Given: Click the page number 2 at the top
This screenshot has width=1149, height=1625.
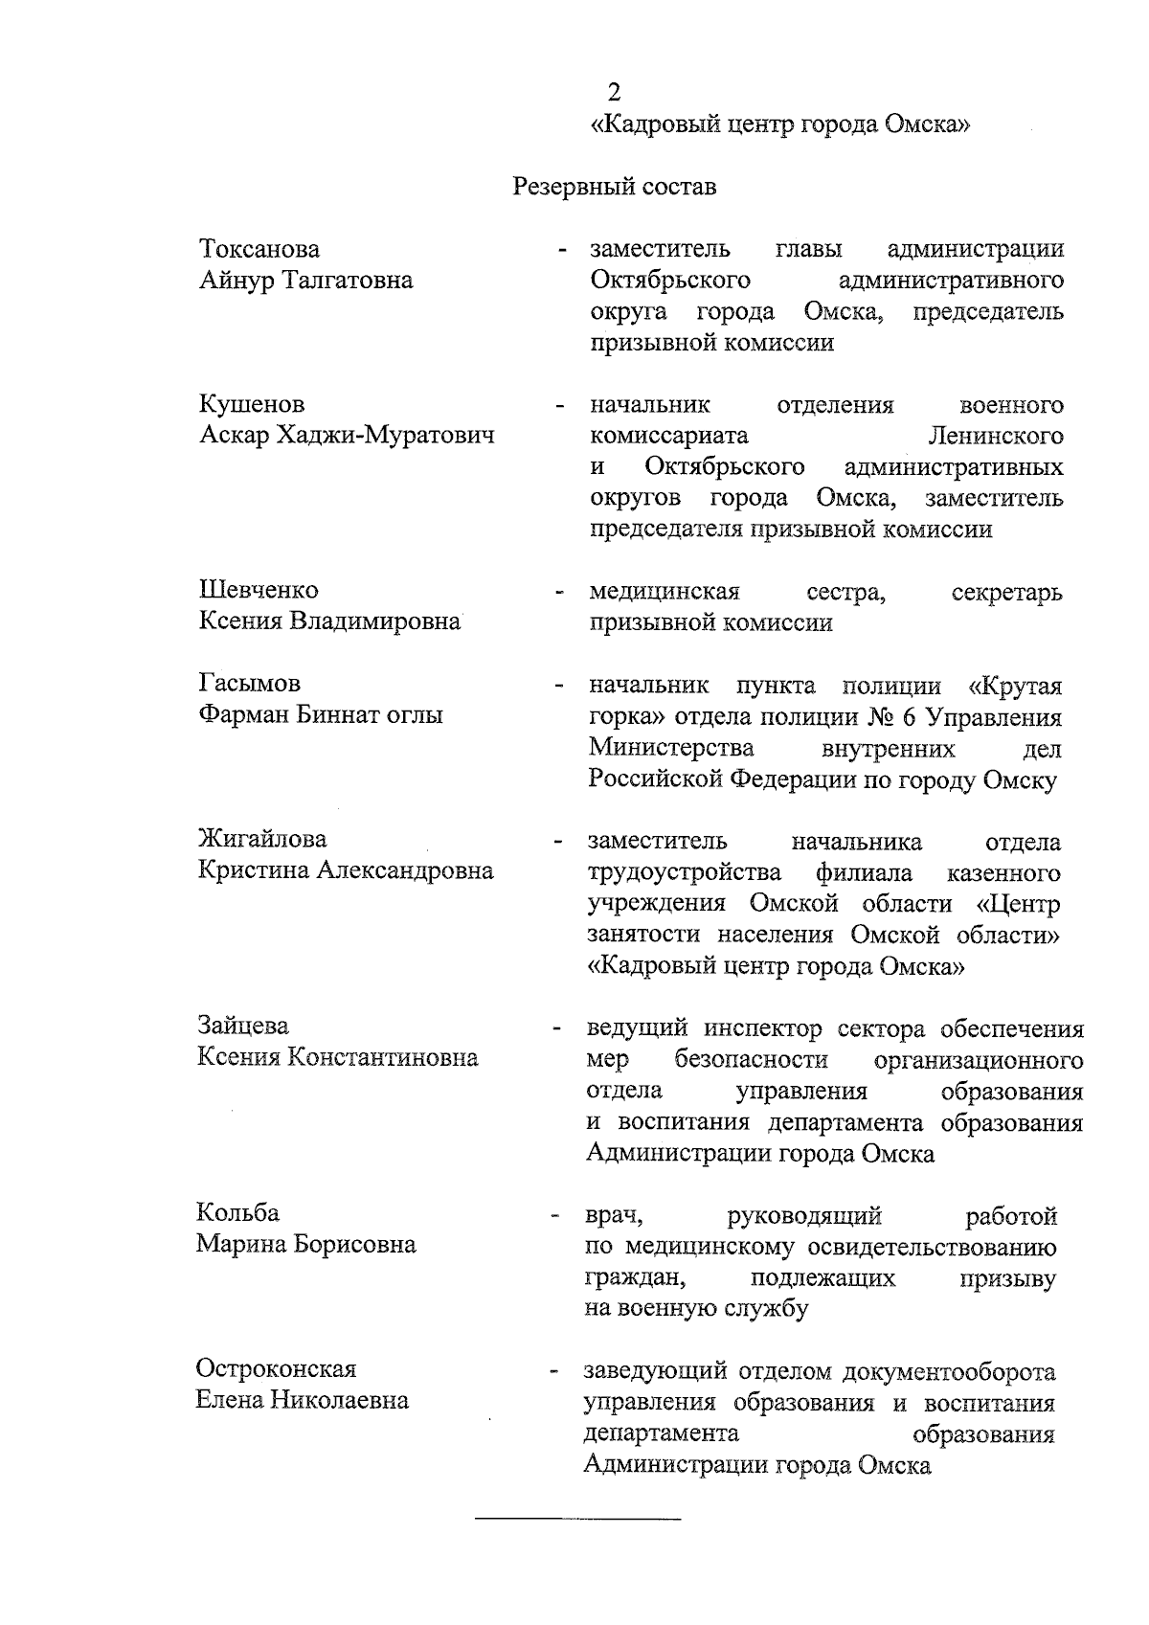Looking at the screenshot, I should pyautogui.click(x=615, y=92).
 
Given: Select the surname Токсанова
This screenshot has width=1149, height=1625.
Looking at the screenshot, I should pyautogui.click(x=259, y=250).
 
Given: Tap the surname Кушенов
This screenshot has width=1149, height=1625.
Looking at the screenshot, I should pyautogui.click(x=252, y=405).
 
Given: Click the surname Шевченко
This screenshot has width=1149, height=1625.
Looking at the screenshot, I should pyautogui.click(x=259, y=591).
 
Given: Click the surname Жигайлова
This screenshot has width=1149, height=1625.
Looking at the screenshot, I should pyautogui.click(x=262, y=840).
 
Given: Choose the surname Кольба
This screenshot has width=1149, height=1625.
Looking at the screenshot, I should pyautogui.click(x=238, y=1213).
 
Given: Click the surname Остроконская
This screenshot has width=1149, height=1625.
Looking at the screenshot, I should pyautogui.click(x=276, y=1368).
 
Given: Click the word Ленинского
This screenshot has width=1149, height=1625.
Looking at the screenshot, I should pyautogui.click(x=996, y=437).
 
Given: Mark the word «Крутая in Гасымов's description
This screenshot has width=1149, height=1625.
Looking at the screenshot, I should pyautogui.click(x=1015, y=687).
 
